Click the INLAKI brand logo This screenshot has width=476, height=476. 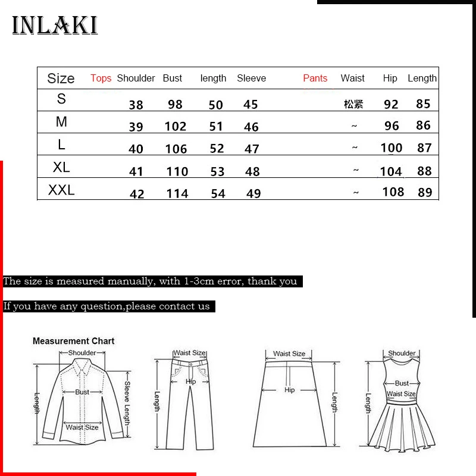coord(55,25)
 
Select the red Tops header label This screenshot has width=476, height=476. coord(101,78)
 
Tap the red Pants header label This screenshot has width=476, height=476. coord(315,78)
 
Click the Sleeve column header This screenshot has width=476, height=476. coord(251,78)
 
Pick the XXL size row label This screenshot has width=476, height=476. coord(61,191)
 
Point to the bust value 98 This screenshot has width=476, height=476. coord(175,104)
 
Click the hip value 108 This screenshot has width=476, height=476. coord(393,192)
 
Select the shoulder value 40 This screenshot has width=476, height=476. coord(136,149)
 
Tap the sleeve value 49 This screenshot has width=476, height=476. coord(253,193)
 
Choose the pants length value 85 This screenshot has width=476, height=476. coord(423,104)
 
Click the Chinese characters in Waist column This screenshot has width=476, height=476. coord(353,104)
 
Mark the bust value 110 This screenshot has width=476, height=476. coord(177,171)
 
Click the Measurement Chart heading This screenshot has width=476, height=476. coord(73,341)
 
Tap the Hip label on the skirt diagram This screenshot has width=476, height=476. coord(289,390)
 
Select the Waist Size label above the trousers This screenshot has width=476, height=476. coord(189,353)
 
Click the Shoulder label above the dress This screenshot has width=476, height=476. coord(402,353)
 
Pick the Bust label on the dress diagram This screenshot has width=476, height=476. coord(402,383)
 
